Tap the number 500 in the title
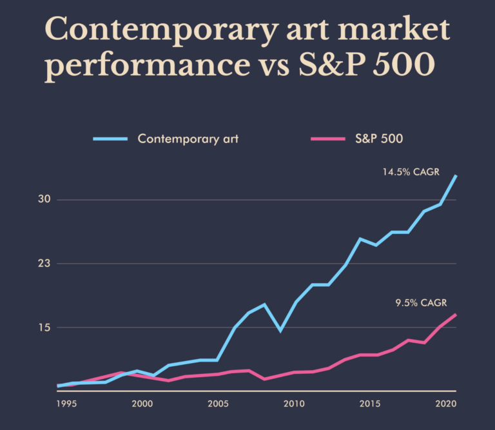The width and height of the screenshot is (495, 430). (x=403, y=67)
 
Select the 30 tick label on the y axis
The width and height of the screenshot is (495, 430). (x=44, y=200)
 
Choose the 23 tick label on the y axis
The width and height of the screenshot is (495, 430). (x=44, y=264)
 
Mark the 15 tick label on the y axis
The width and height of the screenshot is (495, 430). (x=44, y=327)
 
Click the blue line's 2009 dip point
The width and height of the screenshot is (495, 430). (x=280, y=331)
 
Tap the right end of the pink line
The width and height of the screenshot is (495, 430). (x=456, y=315)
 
